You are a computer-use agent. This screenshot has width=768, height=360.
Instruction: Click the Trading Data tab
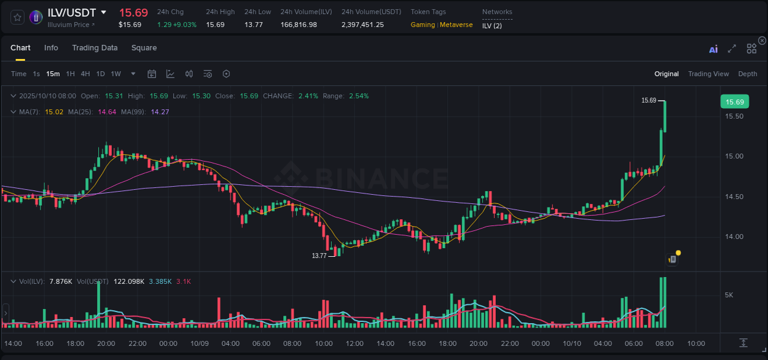[95, 48]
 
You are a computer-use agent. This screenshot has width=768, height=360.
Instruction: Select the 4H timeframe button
[85, 74]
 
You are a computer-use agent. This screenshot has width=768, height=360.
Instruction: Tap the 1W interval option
[116, 74]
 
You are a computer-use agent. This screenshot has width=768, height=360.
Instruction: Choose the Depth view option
[747, 74]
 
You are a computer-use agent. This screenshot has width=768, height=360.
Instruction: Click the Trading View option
[708, 74]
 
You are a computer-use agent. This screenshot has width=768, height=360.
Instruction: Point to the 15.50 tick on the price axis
[735, 117]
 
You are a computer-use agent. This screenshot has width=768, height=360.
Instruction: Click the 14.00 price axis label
[735, 237]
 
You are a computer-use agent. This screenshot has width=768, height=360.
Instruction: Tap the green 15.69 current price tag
[734, 102]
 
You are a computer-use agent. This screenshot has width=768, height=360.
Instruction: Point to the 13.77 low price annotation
[319, 256]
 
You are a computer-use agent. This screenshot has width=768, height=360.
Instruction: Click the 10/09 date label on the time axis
[200, 343]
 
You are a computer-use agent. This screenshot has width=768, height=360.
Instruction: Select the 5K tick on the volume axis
[729, 295]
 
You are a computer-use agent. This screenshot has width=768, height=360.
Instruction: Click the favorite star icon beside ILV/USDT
[18, 17]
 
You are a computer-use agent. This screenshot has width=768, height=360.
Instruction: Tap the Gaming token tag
[423, 25]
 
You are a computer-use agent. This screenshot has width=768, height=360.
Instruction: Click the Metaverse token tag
[456, 25]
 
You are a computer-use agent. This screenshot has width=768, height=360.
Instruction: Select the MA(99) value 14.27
[160, 112]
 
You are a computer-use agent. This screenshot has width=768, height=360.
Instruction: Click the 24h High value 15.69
[215, 25]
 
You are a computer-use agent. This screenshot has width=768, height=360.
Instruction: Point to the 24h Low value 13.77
[253, 25]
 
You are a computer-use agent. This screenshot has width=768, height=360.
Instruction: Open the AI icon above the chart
[713, 49]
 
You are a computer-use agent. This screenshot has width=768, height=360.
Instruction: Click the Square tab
[144, 48]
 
